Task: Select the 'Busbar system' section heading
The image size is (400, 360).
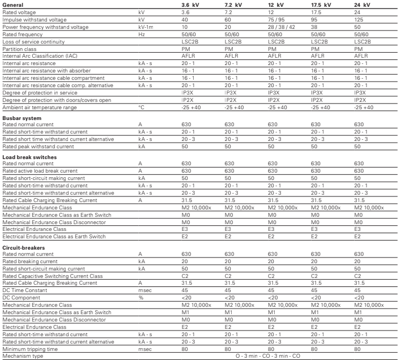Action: pyautogui.click(x=22, y=118)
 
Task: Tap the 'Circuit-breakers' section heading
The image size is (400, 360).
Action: pyautogui.click(x=23, y=247)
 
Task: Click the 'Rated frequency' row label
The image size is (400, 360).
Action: pyautogui.click(x=22, y=34)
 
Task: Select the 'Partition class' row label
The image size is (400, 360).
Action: pyautogui.click(x=20, y=49)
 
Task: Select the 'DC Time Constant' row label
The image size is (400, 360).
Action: pyautogui.click(x=25, y=290)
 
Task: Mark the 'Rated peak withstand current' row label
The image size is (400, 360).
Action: pyautogui.click(x=39, y=146)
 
